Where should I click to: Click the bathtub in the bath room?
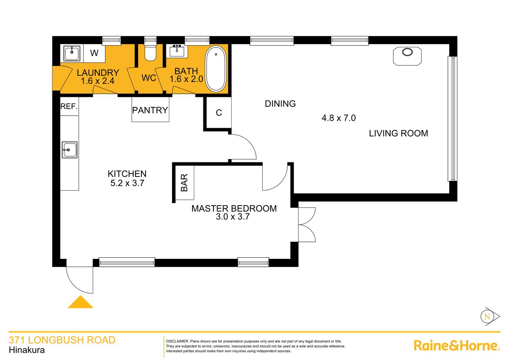[x=216, y=69]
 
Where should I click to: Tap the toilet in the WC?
[x=150, y=52]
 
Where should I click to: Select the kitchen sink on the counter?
[x=69, y=150]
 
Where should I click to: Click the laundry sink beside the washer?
[x=72, y=53]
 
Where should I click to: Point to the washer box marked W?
[x=94, y=53]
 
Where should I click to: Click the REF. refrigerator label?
[x=69, y=106]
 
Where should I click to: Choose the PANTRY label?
[x=150, y=110]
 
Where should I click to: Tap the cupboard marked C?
[x=219, y=113]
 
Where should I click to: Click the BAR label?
[x=184, y=183]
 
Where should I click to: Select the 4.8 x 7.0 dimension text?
[x=339, y=118]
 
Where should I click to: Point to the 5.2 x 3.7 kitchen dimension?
[x=127, y=183]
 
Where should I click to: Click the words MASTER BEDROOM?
[x=234, y=209]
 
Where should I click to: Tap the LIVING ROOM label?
[x=398, y=133]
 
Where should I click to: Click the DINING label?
[x=280, y=104]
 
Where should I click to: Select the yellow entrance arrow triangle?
[x=80, y=302]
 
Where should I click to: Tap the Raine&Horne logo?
[x=457, y=346]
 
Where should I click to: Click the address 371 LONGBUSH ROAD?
[x=62, y=340]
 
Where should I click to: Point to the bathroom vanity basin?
[x=177, y=51]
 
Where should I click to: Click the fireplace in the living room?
[x=407, y=56]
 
